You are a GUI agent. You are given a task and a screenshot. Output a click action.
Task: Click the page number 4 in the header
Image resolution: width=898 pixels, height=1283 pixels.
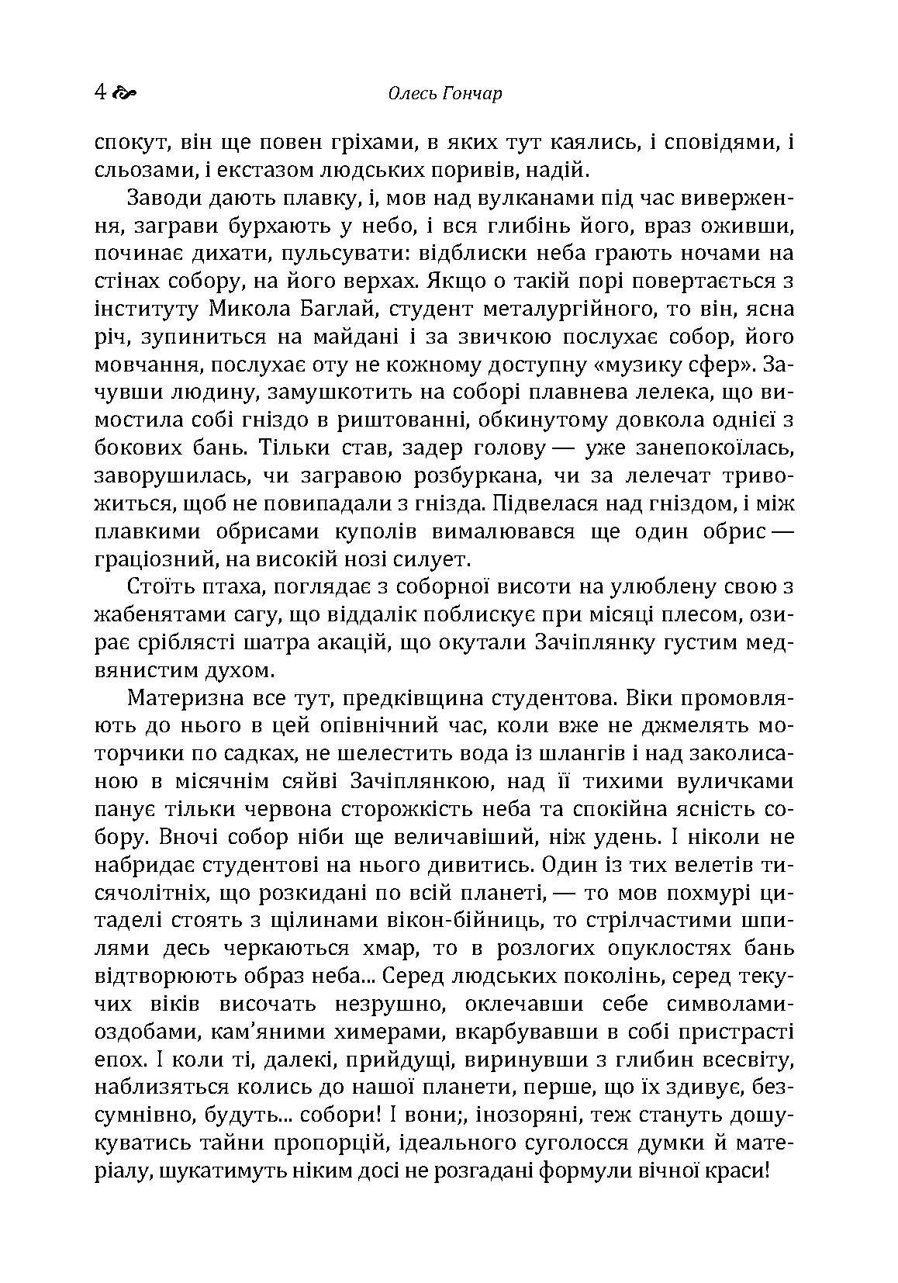pos(100,92)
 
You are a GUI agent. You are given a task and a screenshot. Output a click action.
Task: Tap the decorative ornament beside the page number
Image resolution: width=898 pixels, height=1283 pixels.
pos(125,93)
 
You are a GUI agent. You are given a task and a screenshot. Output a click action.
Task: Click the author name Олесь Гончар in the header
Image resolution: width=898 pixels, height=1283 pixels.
pos(444,94)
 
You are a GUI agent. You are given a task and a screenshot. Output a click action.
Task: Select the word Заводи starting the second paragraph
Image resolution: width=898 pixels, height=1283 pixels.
pos(164,199)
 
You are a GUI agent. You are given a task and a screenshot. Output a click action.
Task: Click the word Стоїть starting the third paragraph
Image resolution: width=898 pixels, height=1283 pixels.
pos(157,587)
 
